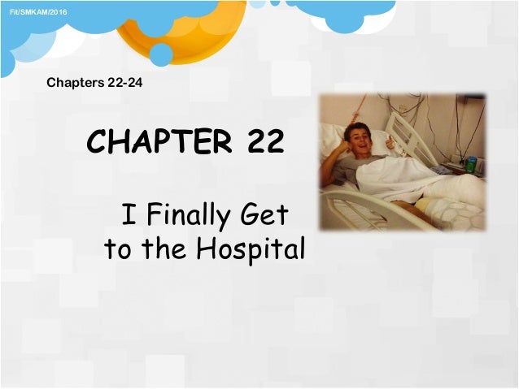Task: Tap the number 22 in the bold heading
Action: coord(261,142)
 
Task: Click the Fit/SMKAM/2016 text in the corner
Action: coord(34,8)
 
